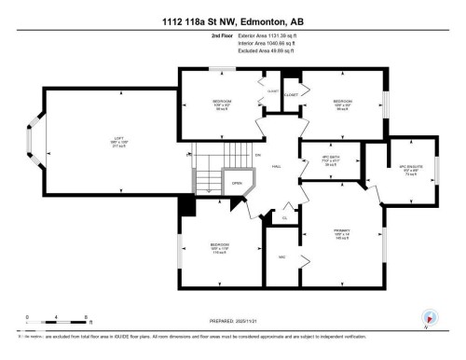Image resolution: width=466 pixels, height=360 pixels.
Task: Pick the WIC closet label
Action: pos(281,257)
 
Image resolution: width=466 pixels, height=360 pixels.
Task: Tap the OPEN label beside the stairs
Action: pos(237,183)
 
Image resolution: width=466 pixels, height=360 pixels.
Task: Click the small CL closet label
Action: pos(285,218)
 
